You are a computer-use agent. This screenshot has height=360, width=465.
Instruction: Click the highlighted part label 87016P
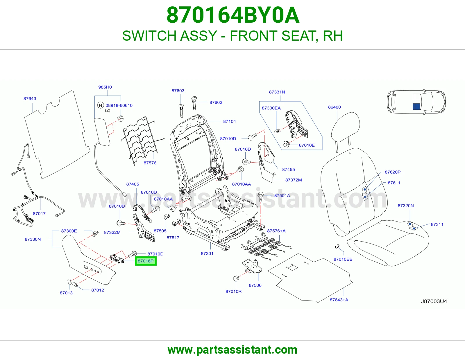pos(146,261)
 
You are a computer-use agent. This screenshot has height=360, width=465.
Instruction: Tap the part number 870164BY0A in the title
pos(233,15)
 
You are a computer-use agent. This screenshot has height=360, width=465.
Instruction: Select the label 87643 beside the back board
pos(30,98)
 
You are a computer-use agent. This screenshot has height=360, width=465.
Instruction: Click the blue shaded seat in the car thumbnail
pos(416,107)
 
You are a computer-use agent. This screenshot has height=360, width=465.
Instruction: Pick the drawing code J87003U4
pos(434,301)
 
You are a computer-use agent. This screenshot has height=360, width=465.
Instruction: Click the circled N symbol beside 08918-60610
pos(101,105)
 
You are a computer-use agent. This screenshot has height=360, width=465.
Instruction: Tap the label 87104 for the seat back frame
pos(229,121)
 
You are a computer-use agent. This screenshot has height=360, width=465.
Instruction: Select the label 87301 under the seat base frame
pos(207,253)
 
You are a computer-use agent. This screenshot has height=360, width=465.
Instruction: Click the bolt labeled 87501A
pos(261,197)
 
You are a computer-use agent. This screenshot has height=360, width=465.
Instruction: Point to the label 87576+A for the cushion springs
pos(276,231)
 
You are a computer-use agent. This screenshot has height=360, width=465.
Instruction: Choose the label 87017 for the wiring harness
pos(39,214)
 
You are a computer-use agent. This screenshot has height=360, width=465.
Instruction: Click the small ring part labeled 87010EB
pos(337,247)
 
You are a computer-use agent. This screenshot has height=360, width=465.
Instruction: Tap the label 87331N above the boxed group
pos(277,92)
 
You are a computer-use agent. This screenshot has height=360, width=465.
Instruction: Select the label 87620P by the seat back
pos(393,172)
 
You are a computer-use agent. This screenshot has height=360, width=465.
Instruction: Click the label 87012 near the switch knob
pos(98,290)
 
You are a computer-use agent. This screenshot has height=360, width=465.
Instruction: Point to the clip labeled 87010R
pos(236,278)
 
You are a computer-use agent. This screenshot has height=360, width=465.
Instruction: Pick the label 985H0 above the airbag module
pos(105,87)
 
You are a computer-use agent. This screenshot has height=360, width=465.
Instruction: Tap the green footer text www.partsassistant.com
pos(233,350)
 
